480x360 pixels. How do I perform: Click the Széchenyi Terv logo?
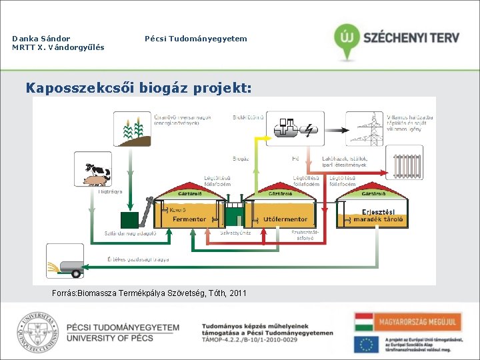(397, 39)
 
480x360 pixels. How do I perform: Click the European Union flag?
(366, 343)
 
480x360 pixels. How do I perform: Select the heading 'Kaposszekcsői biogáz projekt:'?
(138, 87)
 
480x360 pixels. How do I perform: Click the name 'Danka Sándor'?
(41, 39)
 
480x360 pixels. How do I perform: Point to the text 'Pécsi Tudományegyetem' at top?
(195, 39)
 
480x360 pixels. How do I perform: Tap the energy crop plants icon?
(133, 129)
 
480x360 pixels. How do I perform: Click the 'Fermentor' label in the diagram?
(189, 219)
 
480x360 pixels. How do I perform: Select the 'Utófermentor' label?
(285, 219)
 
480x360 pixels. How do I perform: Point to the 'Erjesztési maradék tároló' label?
(378, 216)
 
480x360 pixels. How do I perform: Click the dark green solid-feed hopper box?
(129, 220)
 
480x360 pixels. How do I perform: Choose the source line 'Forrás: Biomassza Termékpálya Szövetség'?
(149, 293)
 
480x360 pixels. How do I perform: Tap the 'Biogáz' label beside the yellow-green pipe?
(241, 159)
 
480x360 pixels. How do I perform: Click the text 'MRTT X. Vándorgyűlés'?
(58, 48)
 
